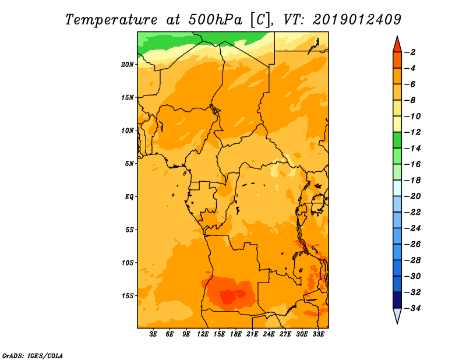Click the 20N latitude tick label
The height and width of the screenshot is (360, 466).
pos(128,65)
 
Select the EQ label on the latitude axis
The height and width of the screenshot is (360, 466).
pos(129,197)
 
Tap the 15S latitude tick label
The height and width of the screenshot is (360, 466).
pos(128,296)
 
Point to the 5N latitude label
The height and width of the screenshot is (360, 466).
pos(129,164)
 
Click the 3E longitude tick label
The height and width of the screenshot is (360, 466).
pos(153,334)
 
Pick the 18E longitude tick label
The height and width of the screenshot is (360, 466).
pos(236,334)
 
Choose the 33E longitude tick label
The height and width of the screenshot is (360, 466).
pos(318,334)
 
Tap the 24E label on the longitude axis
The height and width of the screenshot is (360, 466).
pos(269,334)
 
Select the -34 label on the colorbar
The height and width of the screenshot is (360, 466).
pos(412,308)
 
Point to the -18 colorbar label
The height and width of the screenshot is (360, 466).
pos(412,180)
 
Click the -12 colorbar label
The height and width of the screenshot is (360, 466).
pos(412,132)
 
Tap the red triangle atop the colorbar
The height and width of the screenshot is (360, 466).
pos(397,45)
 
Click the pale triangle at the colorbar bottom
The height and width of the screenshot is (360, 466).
pos(397,315)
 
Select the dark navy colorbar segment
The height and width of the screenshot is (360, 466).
pos(397,300)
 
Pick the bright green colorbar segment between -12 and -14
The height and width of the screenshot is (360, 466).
pos(397,140)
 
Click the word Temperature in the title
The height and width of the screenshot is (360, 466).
pos(111,20)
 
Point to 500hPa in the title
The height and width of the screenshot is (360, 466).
pos(215,20)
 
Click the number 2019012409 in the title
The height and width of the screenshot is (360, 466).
pos(356,20)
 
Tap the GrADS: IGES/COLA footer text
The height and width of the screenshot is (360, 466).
pos(33,355)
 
